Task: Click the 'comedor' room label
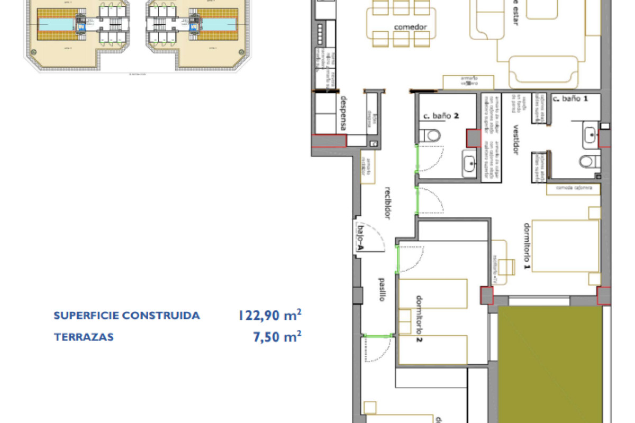(410, 27)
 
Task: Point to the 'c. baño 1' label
(570, 98)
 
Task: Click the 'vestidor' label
(515, 140)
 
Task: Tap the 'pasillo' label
(381, 290)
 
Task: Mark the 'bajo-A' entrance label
(361, 236)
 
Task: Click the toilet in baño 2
(433, 136)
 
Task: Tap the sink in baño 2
(469, 163)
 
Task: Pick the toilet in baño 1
(589, 161)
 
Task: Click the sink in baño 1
(589, 135)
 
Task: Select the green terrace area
(550, 365)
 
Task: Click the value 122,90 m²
(270, 316)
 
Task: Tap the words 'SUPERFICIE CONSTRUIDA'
(127, 316)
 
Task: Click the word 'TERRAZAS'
(84, 337)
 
